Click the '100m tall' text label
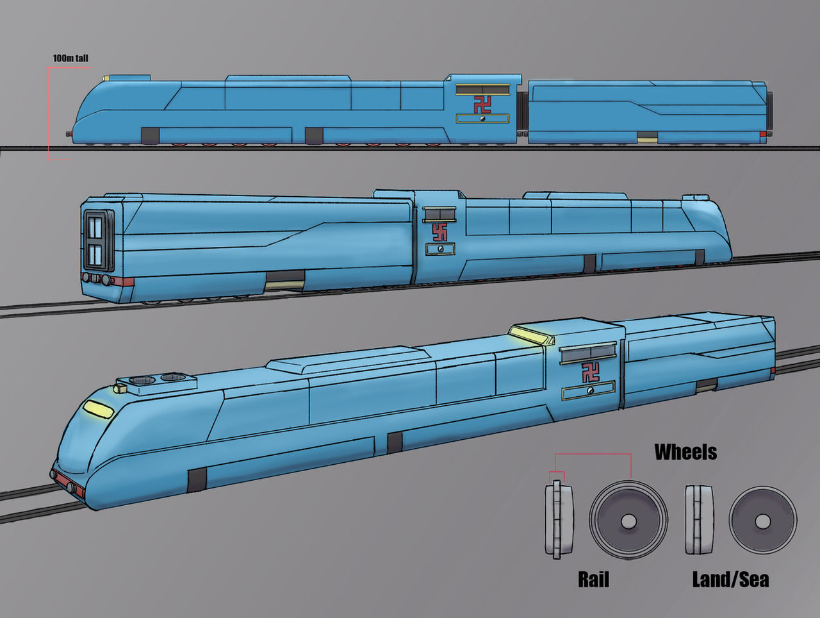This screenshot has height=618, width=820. (70, 58)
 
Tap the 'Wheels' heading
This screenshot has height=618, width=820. (685, 452)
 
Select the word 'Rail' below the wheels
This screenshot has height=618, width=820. (593, 580)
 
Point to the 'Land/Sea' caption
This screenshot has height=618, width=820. (730, 580)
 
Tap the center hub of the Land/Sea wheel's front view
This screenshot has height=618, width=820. (762, 521)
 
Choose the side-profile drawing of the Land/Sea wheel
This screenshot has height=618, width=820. (699, 519)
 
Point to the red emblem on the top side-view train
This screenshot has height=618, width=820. (482, 104)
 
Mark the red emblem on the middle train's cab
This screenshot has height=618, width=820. (439, 231)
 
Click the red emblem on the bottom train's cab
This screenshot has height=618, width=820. (590, 372)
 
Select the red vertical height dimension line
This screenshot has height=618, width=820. (49, 112)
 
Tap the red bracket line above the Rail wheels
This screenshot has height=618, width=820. (593, 455)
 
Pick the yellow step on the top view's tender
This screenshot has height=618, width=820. (647, 137)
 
